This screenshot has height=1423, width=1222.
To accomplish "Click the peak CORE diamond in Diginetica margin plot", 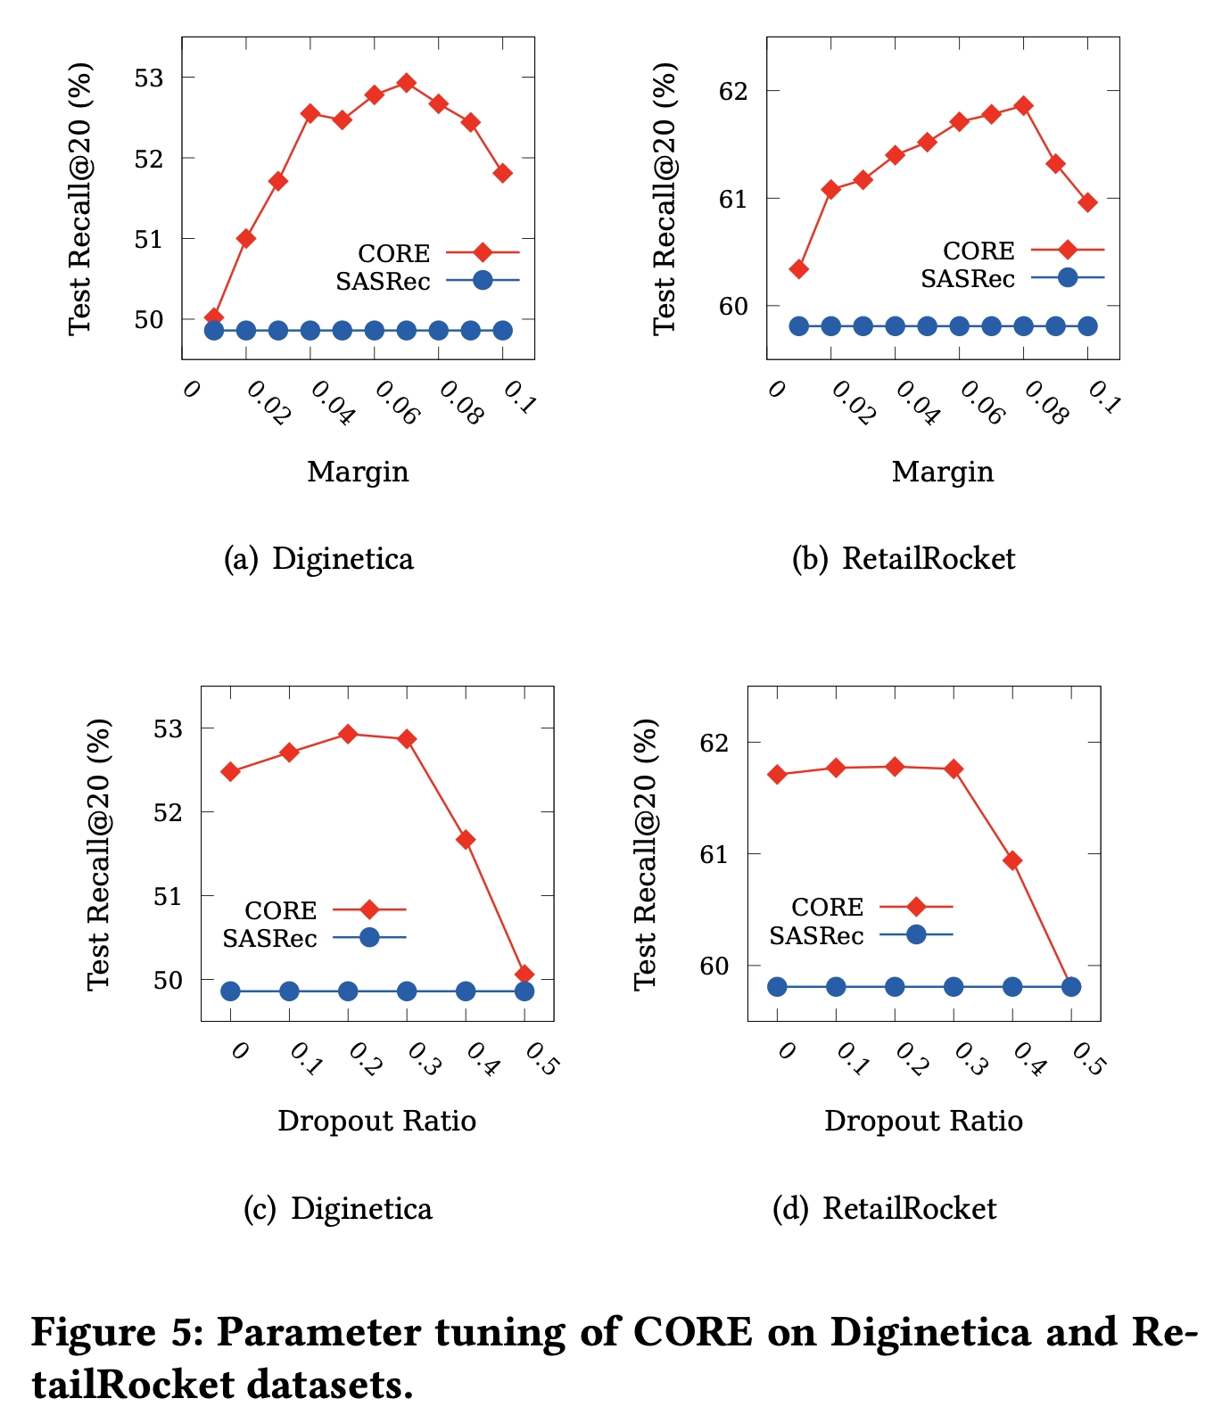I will tap(407, 83).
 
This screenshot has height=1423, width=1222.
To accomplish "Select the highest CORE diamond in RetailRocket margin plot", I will tap(1024, 105).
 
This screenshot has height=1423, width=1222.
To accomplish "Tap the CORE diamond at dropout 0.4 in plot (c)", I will tap(466, 840).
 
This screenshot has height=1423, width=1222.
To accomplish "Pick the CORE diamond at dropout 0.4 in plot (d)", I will tap(1012, 860).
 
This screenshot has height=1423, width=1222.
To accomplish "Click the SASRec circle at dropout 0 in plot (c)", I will tap(230, 991).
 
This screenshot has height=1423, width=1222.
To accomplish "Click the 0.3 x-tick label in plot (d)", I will tap(969, 1058).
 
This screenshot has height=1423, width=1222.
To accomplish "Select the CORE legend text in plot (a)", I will tap(393, 254).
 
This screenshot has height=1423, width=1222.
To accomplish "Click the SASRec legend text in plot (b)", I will tap(968, 279).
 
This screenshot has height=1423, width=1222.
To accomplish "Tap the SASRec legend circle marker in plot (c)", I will tap(369, 937).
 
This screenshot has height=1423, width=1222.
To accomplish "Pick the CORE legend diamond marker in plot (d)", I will tap(916, 907).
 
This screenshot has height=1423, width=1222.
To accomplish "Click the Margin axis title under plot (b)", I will tap(943, 471).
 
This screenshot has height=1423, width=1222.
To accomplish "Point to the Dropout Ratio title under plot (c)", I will tap(376, 1120).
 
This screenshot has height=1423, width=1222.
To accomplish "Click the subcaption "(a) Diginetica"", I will tap(318, 559).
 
